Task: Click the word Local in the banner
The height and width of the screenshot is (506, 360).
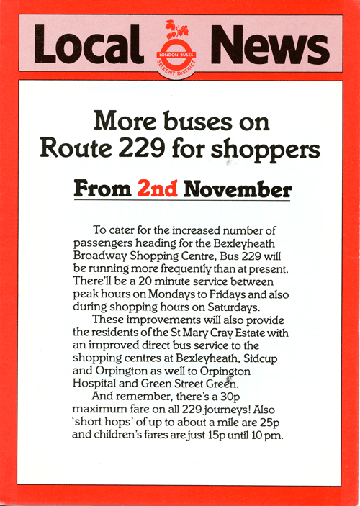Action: pos(89,45)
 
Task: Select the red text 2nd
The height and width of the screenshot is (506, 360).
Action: pos(158,190)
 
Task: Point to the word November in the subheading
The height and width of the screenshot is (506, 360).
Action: pos(238,190)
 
